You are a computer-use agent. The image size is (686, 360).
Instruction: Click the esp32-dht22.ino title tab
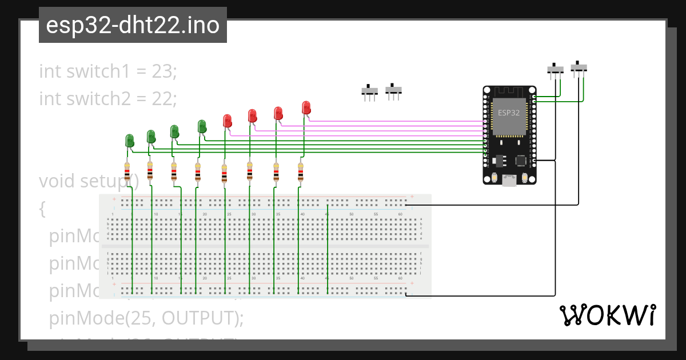133,25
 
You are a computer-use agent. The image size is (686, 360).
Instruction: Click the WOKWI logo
607,315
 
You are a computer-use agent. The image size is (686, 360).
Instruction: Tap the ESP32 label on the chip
508,113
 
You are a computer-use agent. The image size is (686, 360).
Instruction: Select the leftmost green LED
130,140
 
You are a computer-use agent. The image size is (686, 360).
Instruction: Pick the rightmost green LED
201,126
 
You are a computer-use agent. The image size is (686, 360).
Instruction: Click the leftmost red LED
227,121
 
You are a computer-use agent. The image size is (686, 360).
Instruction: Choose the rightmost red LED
306,107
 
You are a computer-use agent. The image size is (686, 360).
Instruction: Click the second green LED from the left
151,137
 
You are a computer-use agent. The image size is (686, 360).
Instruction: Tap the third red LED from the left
278,113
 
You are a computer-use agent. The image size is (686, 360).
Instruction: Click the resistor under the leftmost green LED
126,171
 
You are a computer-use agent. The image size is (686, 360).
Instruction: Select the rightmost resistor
300,172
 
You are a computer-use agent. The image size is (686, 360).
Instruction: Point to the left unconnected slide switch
370,91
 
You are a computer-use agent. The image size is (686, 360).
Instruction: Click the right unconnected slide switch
393,90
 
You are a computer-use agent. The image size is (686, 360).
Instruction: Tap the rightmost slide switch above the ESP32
580,67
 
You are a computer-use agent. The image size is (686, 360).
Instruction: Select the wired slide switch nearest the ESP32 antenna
555,69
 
